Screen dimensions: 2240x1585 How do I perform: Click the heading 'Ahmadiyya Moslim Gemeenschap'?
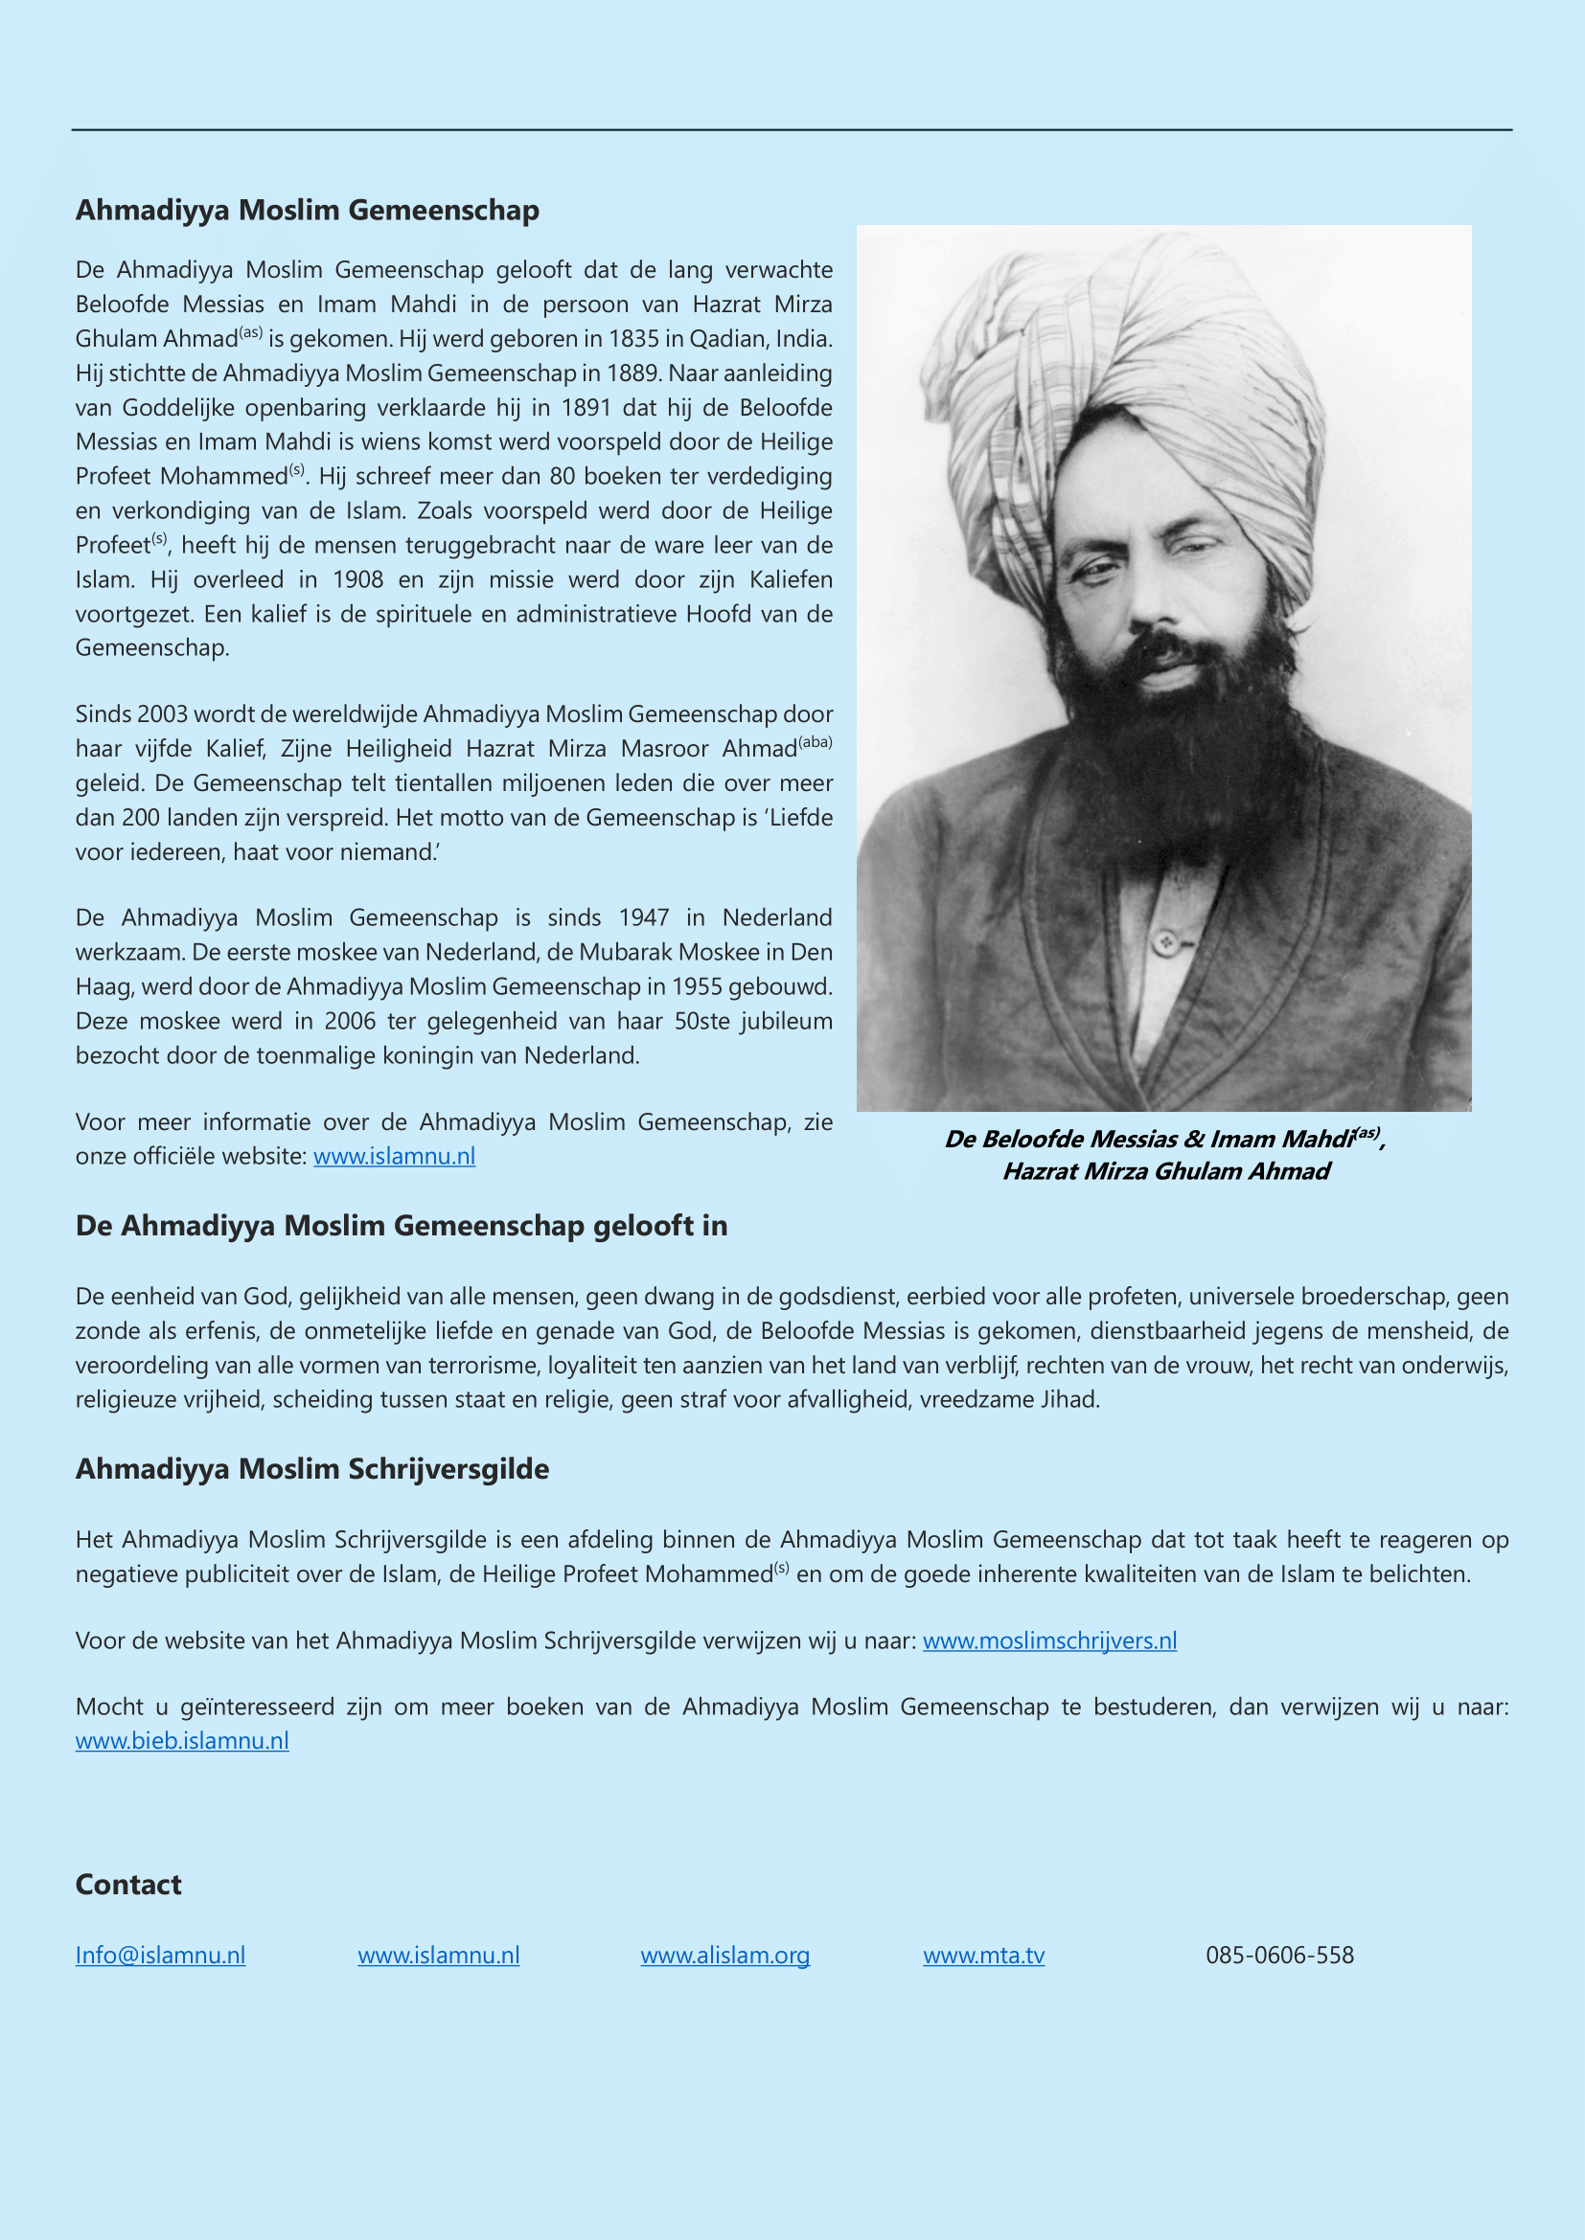pyautogui.click(x=307, y=210)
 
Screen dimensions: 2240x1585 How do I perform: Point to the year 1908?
pyautogui.click(x=358, y=579)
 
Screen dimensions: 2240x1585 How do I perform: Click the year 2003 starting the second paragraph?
pyautogui.click(x=162, y=714)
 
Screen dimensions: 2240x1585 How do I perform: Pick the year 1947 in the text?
pyautogui.click(x=644, y=917)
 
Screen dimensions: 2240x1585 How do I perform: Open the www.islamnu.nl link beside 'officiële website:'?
pyautogui.click(x=394, y=1156)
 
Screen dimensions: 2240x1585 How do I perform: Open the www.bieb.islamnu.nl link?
pyautogui.click(x=182, y=1740)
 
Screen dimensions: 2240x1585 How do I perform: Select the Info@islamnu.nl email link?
pyautogui.click(x=160, y=1956)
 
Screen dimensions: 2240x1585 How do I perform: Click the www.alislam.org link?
pyautogui.click(x=725, y=1956)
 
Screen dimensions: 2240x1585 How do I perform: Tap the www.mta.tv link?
pyautogui.click(x=984, y=1956)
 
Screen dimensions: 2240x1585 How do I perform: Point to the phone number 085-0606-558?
pyautogui.click(x=1279, y=1956)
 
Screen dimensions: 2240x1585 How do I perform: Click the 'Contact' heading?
pyautogui.click(x=127, y=1884)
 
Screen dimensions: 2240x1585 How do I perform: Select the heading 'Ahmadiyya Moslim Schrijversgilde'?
pyautogui.click(x=312, y=1468)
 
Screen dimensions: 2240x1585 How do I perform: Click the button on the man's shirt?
pyautogui.click(x=1163, y=941)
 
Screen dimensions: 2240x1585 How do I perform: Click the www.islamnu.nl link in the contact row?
pyautogui.click(x=438, y=1956)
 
